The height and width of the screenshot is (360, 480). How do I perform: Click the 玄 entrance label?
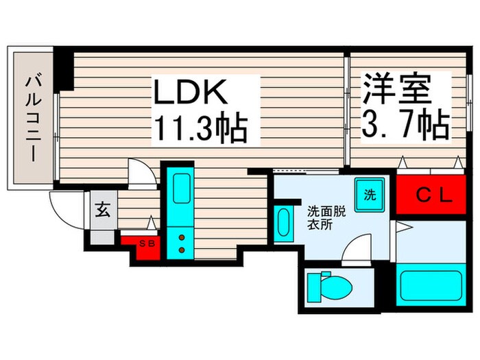(x=101, y=210)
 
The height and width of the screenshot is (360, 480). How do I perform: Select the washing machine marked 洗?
(x=370, y=194)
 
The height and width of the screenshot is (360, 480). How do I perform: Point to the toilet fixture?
(x=326, y=286)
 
